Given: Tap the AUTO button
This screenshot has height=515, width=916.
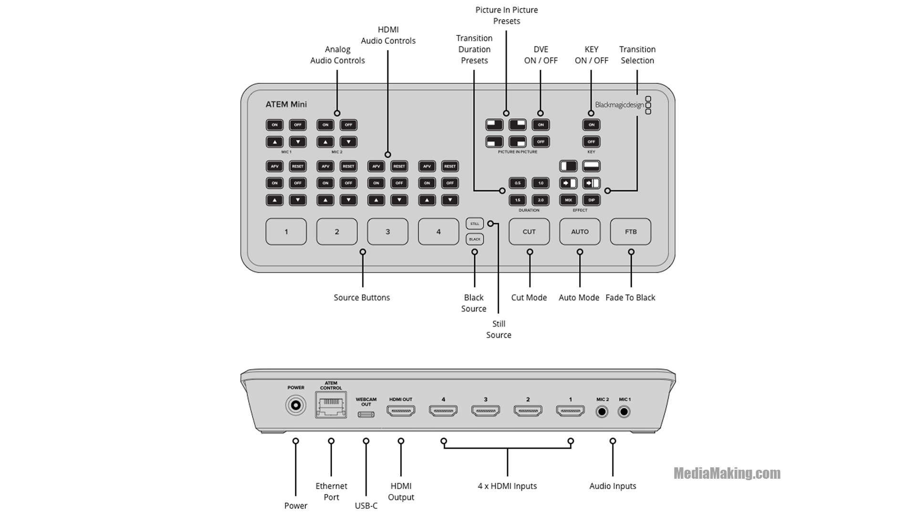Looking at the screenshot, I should point(580,232).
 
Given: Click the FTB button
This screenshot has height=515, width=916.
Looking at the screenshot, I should point(631,232).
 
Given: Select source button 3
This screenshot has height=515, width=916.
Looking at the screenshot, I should point(387,232).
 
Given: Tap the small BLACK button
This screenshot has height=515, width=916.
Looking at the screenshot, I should point(475,239).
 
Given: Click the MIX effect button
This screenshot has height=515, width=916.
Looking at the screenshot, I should point(568,200).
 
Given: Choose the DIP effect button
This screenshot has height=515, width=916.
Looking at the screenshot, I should point(592,200).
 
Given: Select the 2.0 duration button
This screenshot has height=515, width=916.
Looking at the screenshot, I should point(541,200).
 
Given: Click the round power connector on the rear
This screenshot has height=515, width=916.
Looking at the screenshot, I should point(295,406).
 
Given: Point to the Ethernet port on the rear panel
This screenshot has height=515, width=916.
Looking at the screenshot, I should point(331,405).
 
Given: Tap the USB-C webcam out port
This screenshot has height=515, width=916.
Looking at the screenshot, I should point(366,414).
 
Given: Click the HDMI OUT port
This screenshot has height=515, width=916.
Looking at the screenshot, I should point(401,411).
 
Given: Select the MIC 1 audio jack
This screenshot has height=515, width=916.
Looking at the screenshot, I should point(624,411).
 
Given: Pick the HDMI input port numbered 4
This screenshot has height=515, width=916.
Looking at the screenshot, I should point(443,411).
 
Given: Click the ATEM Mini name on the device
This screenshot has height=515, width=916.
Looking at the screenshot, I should point(286,104).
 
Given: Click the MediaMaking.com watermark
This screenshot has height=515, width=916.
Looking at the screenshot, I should point(727,473).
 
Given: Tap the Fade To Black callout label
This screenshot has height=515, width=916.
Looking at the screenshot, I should point(630,298).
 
